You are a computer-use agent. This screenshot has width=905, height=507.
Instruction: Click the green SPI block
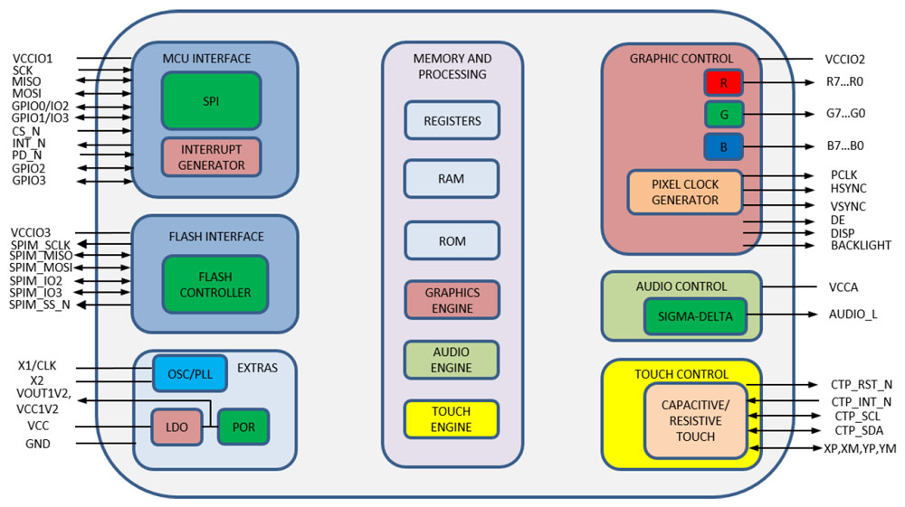pos(211,100)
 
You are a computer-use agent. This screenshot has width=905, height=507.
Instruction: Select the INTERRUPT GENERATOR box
pos(211,157)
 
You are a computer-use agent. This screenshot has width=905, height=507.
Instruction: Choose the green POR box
pos(243,426)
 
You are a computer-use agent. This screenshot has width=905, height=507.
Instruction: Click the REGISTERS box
pos(452,120)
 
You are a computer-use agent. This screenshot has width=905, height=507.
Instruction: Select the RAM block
pos(452,179)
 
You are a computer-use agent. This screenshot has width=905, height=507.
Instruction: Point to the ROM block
pos(452,239)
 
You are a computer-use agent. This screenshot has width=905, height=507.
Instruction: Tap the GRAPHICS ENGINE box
pos(452,299)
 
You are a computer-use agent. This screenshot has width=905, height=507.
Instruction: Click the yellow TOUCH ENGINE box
pos(452,418)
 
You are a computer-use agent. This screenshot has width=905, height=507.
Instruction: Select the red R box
pos(723,83)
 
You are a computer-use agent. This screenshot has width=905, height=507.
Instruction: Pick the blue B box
pos(723,145)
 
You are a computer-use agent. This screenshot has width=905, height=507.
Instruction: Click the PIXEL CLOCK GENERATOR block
pos(685,192)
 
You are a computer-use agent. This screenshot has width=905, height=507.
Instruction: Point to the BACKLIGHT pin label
pos(860,246)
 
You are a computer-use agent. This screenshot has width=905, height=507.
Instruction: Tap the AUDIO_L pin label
pos(853,315)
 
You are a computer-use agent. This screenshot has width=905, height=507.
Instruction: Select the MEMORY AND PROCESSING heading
pos(452,66)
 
